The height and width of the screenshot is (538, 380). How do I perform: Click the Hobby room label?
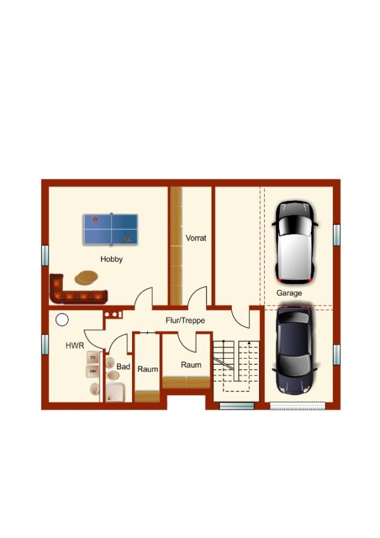[x=112, y=259]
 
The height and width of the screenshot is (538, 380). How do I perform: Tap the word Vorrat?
[x=196, y=238]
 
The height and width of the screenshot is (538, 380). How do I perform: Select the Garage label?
[x=289, y=293]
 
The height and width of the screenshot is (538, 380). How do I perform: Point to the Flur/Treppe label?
[x=185, y=320]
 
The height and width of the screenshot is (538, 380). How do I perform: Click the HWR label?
[x=75, y=346]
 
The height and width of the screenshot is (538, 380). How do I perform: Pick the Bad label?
[x=123, y=366]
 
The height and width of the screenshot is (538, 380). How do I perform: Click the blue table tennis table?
[x=111, y=229]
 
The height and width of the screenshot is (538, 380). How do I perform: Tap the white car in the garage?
[x=295, y=242]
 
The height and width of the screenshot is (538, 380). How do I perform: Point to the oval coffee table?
[x=86, y=277]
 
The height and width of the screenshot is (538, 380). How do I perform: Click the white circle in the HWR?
[x=62, y=320]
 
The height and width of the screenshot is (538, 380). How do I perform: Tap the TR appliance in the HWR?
[x=92, y=357]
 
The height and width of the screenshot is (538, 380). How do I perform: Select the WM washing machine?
[x=92, y=371]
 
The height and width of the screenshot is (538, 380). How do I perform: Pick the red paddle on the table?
[x=95, y=219]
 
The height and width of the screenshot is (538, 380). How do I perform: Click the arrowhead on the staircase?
[x=249, y=343]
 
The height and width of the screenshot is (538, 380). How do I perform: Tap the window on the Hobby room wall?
[x=45, y=255]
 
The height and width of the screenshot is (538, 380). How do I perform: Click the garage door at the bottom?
[x=298, y=406]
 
